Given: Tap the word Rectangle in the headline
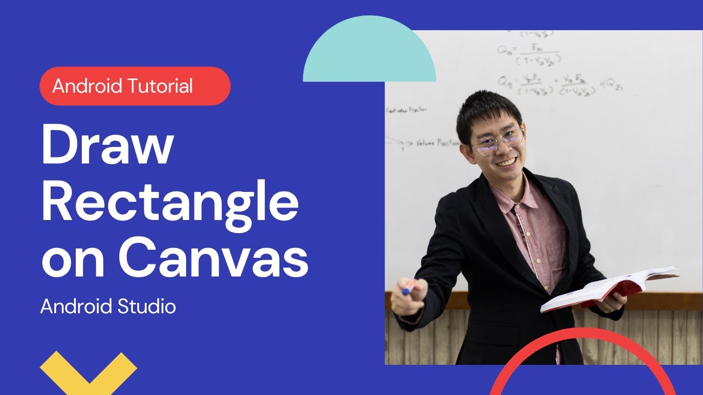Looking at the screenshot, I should click(170, 202).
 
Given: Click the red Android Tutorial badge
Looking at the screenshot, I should click(135, 86).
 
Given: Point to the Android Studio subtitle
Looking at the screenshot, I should click(108, 306).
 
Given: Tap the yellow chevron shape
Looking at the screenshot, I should click(88, 370).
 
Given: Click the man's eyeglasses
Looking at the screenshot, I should click(498, 140).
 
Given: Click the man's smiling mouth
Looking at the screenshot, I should click(506, 163).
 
